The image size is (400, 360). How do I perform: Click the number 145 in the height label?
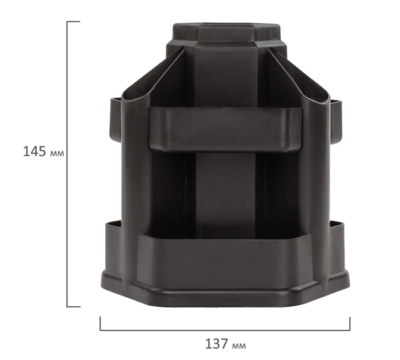(35, 151)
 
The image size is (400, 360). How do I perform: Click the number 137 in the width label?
(217, 343)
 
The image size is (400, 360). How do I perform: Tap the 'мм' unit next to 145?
(57, 154)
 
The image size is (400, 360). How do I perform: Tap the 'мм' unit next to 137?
(239, 346)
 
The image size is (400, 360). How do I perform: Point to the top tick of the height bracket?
(74, 22)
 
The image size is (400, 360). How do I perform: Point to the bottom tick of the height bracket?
(74, 307)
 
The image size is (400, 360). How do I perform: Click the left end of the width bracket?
(100, 323)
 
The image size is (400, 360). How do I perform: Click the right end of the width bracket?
(350, 323)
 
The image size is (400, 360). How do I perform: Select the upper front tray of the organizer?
(225, 129)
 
